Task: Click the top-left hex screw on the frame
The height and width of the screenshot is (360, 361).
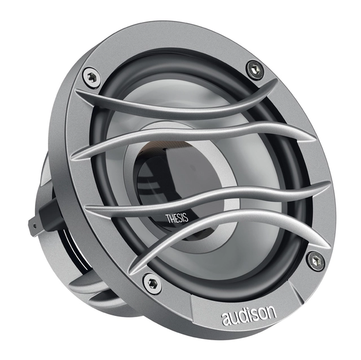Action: [90, 77]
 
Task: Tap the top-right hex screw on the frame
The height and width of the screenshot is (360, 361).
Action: [255, 69]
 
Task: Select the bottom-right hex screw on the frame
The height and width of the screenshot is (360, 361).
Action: [315, 260]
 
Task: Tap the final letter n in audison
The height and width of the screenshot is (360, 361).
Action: [272, 311]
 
